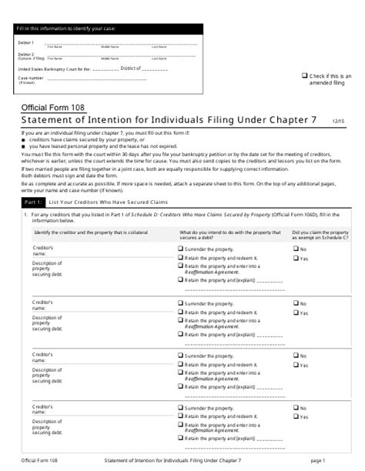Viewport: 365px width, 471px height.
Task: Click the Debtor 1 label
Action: tap(26, 43)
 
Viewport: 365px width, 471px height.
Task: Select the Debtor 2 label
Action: tap(26, 55)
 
